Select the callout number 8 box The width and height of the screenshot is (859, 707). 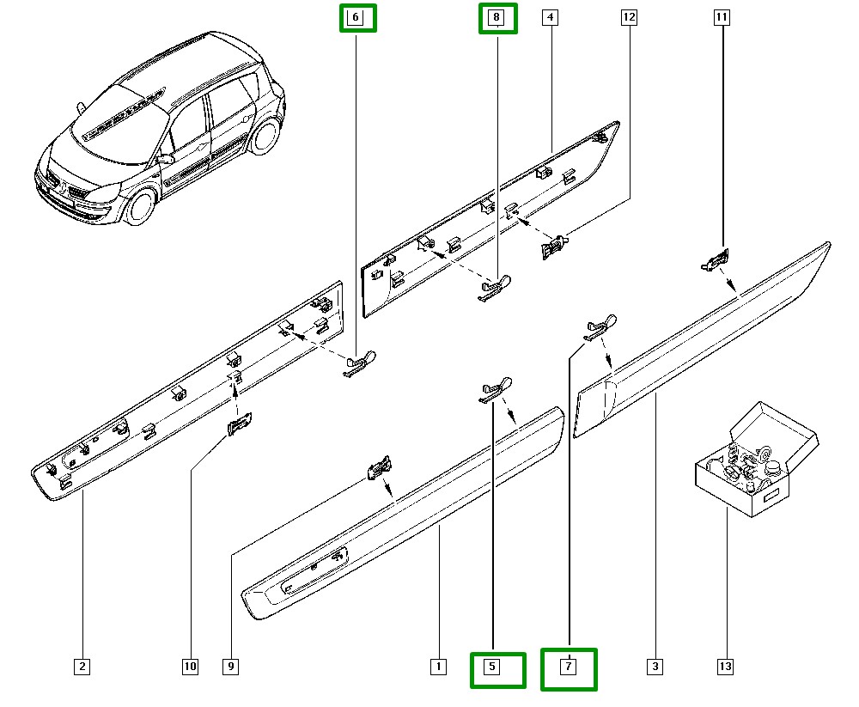497,17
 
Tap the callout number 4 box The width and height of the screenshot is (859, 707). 551,17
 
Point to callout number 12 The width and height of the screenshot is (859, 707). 629,17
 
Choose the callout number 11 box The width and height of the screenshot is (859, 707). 722,17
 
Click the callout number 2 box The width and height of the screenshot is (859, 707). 82,666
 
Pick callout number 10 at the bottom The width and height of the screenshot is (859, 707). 190,666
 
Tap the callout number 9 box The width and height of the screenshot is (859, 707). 230,666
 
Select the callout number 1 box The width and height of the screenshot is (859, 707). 438,666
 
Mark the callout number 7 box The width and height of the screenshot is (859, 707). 568,667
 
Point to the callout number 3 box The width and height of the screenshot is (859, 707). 655,666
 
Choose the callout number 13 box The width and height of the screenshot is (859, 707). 726,666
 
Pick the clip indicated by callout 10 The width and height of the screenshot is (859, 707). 240,423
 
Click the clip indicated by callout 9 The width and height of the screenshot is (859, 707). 379,466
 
